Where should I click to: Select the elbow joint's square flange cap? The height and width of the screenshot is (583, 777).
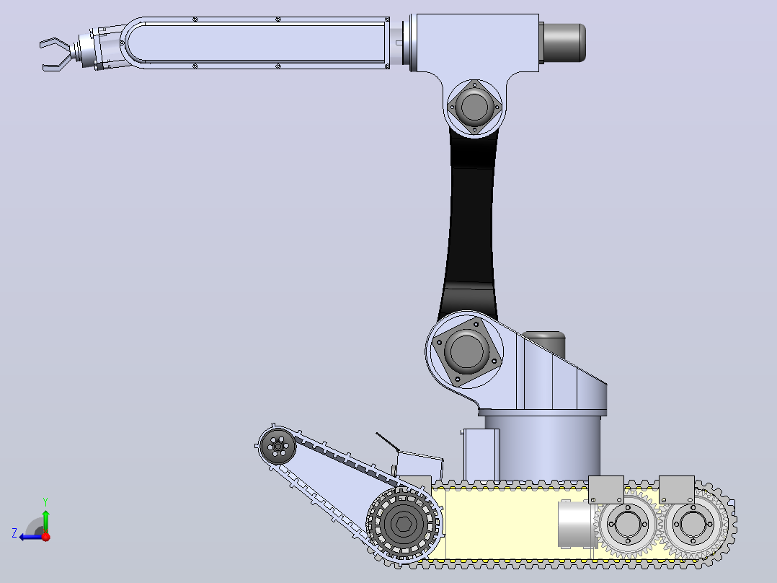pyautogui.click(x=474, y=107)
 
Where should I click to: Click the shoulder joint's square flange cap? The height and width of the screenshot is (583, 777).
pyautogui.click(x=466, y=351)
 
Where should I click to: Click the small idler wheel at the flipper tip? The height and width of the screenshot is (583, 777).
pyautogui.click(x=277, y=447)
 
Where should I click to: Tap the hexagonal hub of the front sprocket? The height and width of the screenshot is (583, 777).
pyautogui.click(x=403, y=524)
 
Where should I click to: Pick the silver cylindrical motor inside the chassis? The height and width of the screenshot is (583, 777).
pyautogui.click(x=577, y=525)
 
